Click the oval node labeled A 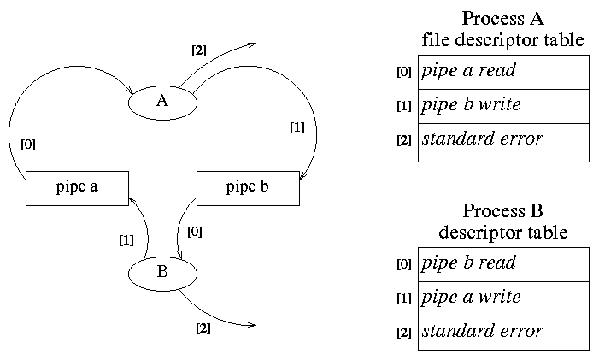[162, 102]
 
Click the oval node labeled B [162, 274]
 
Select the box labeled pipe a [77, 188]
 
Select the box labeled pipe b [248, 188]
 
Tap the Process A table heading [503, 29]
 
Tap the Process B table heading [503, 221]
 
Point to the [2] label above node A [198, 50]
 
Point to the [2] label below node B [203, 328]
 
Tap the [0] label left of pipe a [28, 145]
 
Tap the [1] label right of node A [297, 128]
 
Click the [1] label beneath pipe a [126, 240]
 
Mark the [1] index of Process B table [404, 298]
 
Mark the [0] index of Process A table [404, 72]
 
